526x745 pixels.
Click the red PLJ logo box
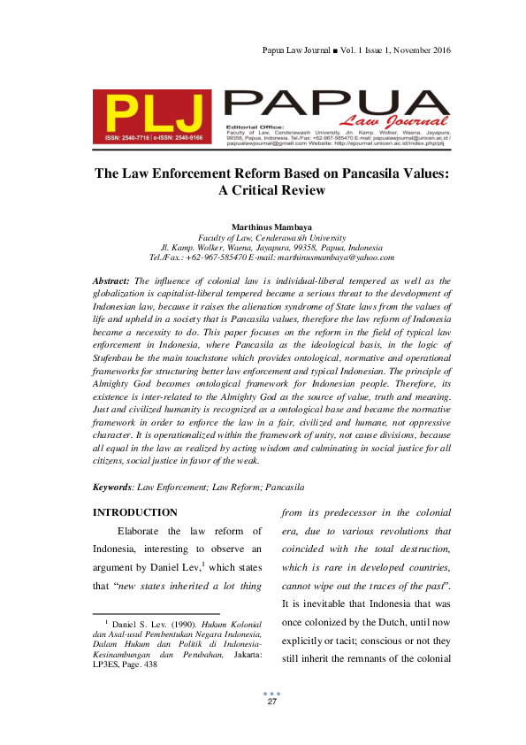152,117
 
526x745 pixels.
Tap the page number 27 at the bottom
272,702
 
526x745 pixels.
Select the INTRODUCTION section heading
135,513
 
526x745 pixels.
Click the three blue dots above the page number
272,693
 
